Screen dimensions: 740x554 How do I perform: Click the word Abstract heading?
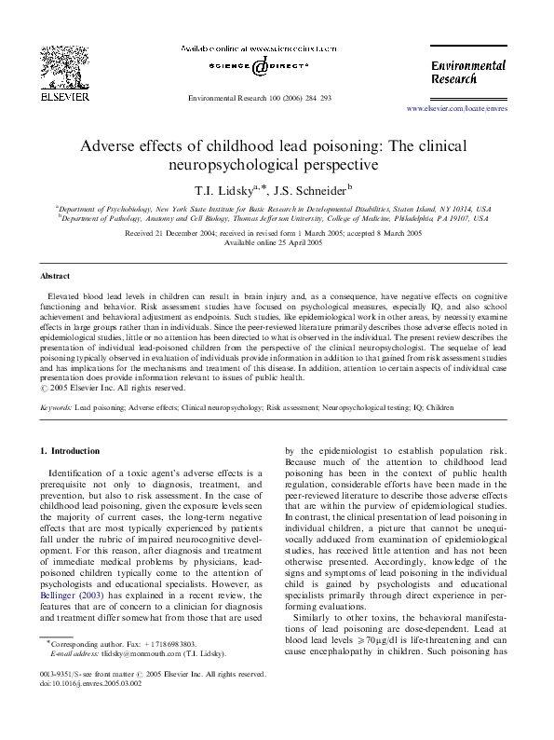pyautogui.click(x=55, y=276)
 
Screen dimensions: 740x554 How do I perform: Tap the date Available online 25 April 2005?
pyautogui.click(x=277, y=242)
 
